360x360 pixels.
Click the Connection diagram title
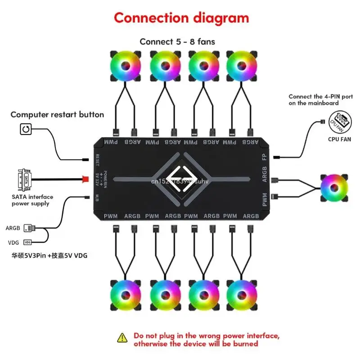[181, 18]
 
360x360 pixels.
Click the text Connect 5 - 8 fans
[177, 42]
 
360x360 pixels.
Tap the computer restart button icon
[26, 130]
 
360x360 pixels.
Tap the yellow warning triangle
[122, 337]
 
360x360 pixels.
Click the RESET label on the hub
[97, 159]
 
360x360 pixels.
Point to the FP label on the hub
[264, 157]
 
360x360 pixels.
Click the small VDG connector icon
[28, 242]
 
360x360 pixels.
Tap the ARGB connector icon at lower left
[28, 228]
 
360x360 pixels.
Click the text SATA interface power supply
[32, 200]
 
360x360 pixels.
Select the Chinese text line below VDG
[49, 256]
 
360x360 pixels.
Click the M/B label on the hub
[97, 197]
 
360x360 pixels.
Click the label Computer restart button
[57, 114]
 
